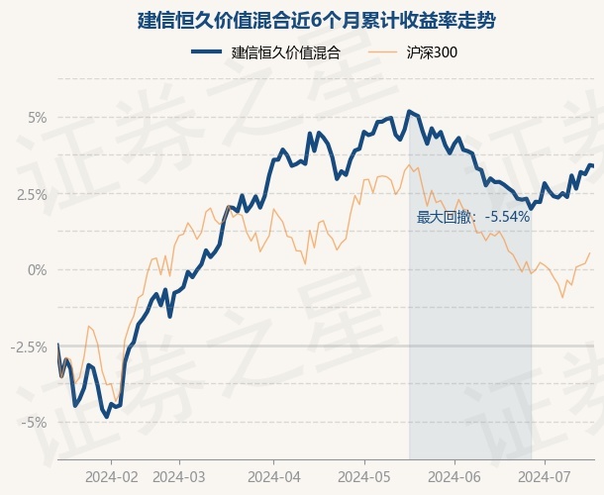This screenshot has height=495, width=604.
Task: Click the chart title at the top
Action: point(302,20)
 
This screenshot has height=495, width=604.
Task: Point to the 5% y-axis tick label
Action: point(38,117)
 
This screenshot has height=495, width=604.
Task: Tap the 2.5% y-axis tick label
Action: point(33,194)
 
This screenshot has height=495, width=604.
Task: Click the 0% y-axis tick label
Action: point(38,269)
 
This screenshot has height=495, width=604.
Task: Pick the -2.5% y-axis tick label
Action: point(31,346)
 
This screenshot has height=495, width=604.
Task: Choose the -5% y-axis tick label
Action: point(36,423)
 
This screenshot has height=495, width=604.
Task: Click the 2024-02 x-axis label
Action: point(111,476)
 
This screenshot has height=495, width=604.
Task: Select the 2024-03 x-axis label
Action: point(179,476)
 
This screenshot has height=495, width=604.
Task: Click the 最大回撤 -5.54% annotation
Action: point(473,217)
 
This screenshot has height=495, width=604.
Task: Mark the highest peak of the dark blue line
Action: point(409,111)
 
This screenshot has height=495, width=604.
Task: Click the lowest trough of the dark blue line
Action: point(107,417)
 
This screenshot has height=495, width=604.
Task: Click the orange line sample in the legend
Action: point(385,53)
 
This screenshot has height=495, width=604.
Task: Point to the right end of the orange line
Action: point(591,252)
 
